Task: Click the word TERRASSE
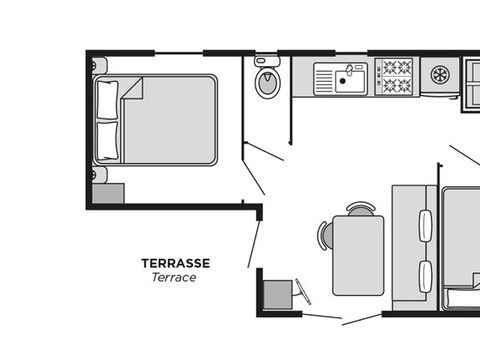point(175,263)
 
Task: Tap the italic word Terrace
point(174,278)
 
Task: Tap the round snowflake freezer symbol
point(439,74)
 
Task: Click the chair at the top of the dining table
point(360,209)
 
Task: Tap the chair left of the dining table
point(324,236)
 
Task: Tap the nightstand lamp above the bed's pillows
point(96,65)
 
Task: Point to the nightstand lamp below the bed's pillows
point(96,174)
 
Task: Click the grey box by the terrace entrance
point(277,295)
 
